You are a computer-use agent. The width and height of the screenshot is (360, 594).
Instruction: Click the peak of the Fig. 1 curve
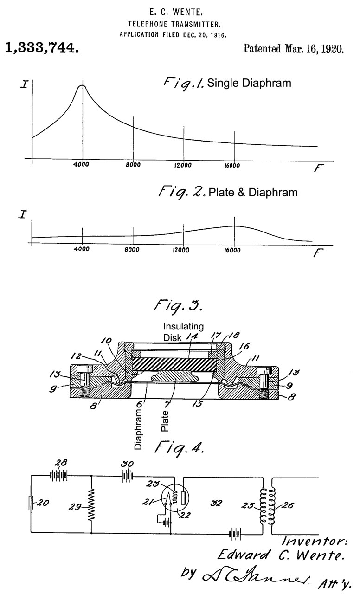82,85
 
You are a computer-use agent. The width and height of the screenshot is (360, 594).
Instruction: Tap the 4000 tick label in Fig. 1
82,165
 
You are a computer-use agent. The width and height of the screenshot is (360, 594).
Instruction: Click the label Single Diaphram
249,84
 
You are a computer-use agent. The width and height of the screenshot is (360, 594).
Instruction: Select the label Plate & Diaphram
253,192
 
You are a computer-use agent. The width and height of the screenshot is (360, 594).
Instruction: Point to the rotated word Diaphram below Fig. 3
138,426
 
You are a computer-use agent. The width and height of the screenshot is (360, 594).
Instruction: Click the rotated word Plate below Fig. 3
166,420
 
